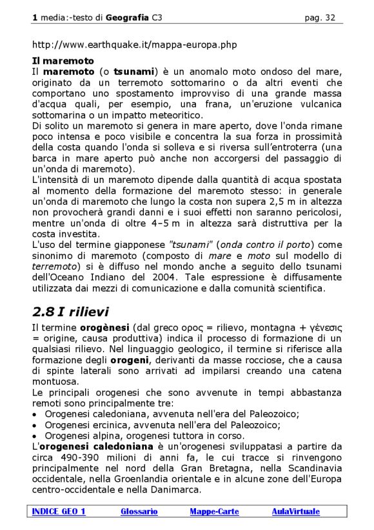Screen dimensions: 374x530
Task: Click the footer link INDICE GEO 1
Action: pos(59,511)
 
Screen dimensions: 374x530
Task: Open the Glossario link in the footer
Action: pos(139,511)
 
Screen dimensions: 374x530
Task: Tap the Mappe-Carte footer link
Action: pos(214,511)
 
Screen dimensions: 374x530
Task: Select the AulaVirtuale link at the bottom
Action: pos(295,511)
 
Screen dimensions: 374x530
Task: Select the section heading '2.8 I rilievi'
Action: pos(70,312)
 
